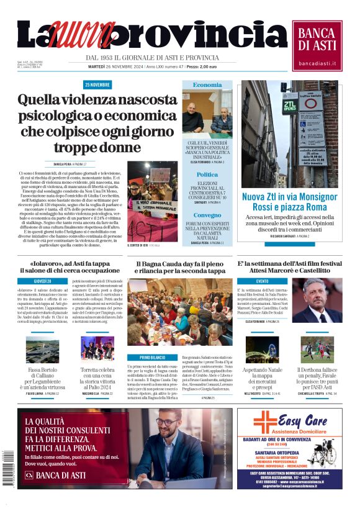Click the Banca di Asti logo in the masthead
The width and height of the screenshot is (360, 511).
coord(317,45)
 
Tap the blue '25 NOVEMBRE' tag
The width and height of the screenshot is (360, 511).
coord(98,85)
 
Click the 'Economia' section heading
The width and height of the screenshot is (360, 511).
coord(207,85)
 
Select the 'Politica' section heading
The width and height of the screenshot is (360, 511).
coord(207,175)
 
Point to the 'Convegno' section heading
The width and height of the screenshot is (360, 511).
coord(207,215)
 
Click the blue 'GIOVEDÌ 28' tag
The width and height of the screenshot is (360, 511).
coord(43,281)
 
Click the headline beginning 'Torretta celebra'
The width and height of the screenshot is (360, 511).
coord(97,378)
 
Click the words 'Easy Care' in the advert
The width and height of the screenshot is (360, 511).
coord(304,418)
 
